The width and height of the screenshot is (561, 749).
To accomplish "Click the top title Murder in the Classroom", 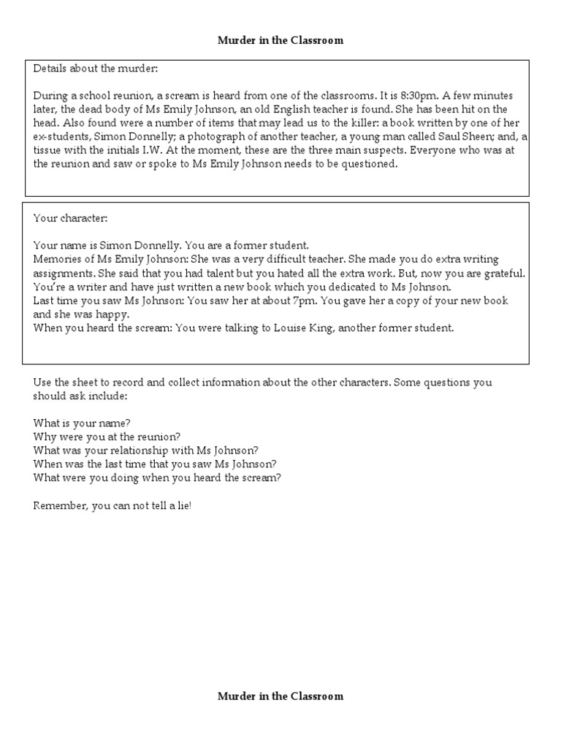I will [x=280, y=41].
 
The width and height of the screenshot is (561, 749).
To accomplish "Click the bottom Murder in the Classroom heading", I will [x=280, y=696].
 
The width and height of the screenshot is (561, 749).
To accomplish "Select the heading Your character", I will [x=70, y=219].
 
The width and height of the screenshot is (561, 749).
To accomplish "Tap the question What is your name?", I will [x=82, y=424].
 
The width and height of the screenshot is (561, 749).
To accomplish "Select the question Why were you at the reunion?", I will [x=107, y=437].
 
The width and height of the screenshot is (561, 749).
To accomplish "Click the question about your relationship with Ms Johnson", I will [x=145, y=451].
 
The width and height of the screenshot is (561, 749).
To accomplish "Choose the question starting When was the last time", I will [x=154, y=464].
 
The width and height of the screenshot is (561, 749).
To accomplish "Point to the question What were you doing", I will [x=157, y=478].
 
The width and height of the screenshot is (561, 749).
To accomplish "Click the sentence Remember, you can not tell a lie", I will [x=112, y=505].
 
